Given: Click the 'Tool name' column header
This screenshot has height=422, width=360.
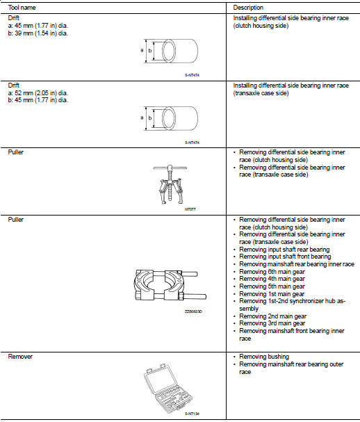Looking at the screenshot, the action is pos(22,8).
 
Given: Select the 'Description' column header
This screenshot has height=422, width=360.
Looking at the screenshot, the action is pos(248,8).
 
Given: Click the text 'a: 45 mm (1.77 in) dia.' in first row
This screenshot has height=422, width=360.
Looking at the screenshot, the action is pos(38,26).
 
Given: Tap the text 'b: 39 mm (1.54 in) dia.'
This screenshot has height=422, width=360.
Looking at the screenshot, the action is pos(38,33).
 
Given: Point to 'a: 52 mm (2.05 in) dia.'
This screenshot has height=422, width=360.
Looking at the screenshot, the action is pos(38,93).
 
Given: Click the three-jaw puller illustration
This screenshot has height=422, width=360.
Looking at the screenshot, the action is pos(170,184).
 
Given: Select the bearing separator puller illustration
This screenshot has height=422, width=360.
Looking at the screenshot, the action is pos(170,285).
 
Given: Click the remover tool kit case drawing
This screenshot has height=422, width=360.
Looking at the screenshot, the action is pos(168,388).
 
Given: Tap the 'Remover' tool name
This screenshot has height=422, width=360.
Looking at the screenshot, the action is pos(20,357).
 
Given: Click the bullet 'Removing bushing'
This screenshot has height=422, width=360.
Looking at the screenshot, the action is pos(264,357).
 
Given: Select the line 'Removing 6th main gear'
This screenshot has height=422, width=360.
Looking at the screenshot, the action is pos(272,272).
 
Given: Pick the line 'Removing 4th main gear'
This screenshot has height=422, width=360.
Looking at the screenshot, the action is pos(272,279).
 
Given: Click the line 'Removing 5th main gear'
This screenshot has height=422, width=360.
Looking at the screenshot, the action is pos(272,286).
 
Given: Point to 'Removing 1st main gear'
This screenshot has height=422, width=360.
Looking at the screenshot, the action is pos(272,294).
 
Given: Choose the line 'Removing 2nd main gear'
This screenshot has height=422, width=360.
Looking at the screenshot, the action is pos(273,316).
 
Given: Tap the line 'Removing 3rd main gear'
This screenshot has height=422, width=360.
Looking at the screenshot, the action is pos(272,323).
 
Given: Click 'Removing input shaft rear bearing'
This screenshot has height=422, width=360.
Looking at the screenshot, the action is pos(284,250).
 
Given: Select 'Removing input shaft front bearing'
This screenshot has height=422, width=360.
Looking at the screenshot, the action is pos(285,257).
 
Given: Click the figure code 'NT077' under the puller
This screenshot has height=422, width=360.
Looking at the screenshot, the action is pos(190,209).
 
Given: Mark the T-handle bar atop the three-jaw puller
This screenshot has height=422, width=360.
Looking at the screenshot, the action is pos(170,168).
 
